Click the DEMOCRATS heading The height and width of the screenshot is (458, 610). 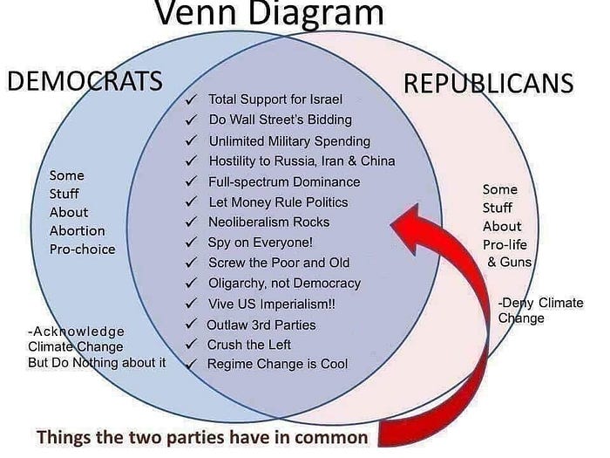84,81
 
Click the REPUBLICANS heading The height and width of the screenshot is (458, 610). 488,84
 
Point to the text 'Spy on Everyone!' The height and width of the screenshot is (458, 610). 260,243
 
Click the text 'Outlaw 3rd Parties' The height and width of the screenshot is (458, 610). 261,325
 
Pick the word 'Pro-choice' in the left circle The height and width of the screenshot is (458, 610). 82,249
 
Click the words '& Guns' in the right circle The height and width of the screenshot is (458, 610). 509,262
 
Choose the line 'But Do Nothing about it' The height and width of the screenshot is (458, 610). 97,361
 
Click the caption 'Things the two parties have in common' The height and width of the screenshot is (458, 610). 201,435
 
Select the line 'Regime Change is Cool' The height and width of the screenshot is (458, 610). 277,363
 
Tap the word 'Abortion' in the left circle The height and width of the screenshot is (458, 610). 77,230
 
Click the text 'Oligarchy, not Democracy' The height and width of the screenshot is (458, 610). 284,283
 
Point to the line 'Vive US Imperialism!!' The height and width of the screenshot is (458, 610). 271,304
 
